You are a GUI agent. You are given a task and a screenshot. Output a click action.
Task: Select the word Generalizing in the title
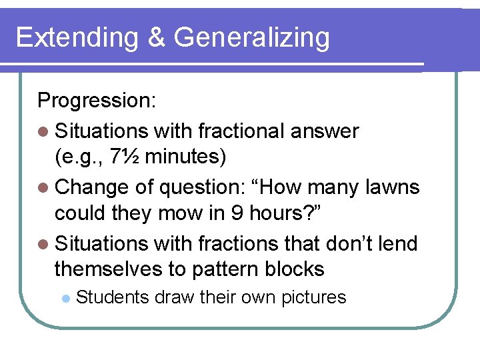tap(251, 39)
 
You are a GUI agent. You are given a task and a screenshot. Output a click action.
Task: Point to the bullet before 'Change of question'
tap(44, 188)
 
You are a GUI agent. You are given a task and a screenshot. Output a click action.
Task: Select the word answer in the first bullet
tap(325, 131)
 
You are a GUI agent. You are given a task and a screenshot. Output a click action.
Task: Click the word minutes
tap(185, 157)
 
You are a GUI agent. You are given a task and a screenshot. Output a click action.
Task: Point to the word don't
tap(343, 243)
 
